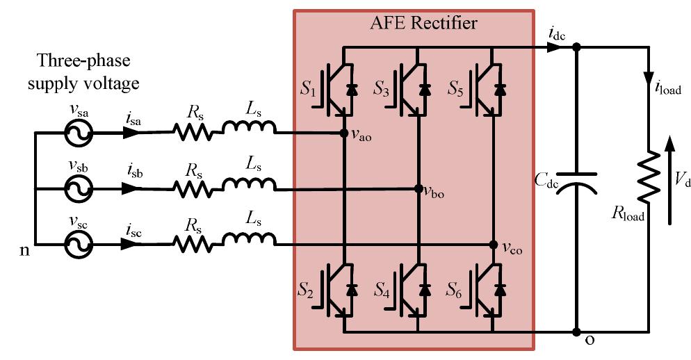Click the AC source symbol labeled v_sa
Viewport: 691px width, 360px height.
[x=76, y=132]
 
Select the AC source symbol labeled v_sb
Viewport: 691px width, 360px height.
[x=76, y=188]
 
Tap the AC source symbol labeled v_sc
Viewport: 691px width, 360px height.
[x=76, y=245]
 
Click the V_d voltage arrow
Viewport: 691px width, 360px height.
[x=669, y=181]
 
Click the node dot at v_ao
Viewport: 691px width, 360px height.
[x=343, y=132]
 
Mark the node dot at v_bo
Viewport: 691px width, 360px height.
[x=418, y=188]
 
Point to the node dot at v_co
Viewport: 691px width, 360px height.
[x=493, y=245]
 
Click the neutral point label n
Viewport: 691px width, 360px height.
[x=25, y=248]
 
